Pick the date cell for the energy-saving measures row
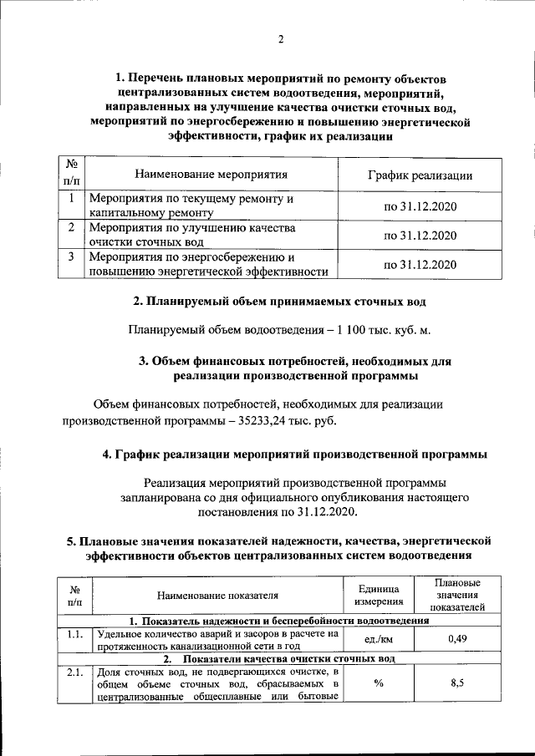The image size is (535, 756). point(420,264)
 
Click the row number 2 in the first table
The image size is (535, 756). point(73,227)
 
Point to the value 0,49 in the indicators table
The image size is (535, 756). point(456,639)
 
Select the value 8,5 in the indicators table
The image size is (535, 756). point(456,683)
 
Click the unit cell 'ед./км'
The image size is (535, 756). point(380,639)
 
